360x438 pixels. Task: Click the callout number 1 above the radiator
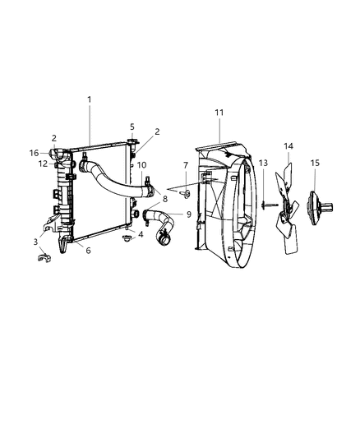(x=90, y=99)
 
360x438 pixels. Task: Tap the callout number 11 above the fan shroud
(x=219, y=113)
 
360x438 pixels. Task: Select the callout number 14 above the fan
(x=288, y=146)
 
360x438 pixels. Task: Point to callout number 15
(x=315, y=163)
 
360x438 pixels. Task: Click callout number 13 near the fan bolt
(x=263, y=163)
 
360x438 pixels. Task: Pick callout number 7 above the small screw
(x=186, y=165)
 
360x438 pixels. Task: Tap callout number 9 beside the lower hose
(x=189, y=214)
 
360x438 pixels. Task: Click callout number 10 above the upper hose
(x=141, y=165)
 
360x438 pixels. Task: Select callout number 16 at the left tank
(x=34, y=153)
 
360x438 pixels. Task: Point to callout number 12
(x=43, y=164)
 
